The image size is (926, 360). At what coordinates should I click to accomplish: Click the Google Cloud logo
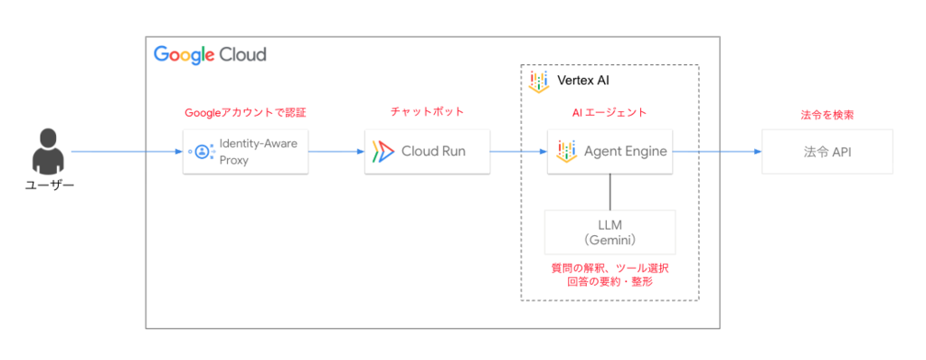[x=210, y=55]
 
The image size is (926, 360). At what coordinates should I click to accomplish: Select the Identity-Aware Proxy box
[x=246, y=152]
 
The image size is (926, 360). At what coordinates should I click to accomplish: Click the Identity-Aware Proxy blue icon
[x=203, y=152]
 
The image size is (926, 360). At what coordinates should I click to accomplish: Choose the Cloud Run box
[x=427, y=152]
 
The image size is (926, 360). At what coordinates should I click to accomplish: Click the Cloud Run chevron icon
[x=383, y=152]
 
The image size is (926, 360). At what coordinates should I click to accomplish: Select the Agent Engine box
[x=610, y=152]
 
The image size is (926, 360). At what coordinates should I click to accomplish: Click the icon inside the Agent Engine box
[x=566, y=152]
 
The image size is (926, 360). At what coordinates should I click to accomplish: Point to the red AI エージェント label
[x=609, y=112]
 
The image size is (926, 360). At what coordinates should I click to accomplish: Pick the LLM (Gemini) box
[x=610, y=232]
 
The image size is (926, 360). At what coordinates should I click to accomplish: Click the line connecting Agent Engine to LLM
[x=610, y=192]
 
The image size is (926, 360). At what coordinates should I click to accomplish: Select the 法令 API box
[x=827, y=152]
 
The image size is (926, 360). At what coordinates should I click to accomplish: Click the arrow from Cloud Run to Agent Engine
[x=518, y=152]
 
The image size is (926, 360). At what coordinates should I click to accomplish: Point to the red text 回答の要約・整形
[x=610, y=282]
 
